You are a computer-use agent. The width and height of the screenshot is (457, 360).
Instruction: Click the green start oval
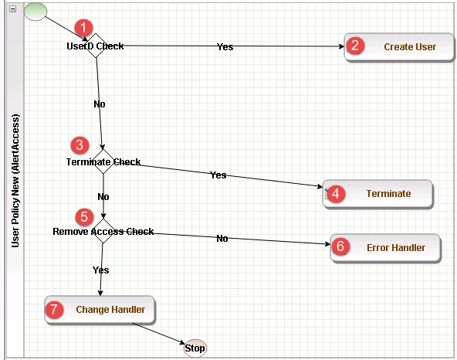(36, 12)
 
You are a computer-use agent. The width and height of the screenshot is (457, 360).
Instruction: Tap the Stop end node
(195, 348)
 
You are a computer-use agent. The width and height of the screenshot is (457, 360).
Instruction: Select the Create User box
(399, 47)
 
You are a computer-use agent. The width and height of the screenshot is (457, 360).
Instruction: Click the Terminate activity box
(378, 194)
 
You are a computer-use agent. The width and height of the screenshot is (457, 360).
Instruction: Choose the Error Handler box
(386, 248)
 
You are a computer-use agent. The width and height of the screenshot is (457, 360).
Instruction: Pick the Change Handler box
(100, 310)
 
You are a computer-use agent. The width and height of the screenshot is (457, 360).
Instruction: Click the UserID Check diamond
(96, 46)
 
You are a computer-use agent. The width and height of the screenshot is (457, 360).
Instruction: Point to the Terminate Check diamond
(103, 161)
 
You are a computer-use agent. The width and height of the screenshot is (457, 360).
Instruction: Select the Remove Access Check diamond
(103, 231)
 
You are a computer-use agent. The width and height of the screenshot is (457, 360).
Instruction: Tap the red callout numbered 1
(83, 28)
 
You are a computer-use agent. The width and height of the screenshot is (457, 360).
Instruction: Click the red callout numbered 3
(80, 145)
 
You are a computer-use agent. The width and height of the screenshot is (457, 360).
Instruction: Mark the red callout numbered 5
(84, 217)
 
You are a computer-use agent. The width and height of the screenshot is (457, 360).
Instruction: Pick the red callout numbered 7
(54, 309)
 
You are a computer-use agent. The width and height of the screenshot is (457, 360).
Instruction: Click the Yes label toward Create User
(225, 46)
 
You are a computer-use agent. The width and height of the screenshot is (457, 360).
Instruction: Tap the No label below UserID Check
(100, 104)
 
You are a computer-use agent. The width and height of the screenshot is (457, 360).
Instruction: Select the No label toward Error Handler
(222, 239)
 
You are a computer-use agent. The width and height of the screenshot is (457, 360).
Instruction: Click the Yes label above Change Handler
(101, 270)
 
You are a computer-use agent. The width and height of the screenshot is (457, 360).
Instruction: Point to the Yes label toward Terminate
(218, 175)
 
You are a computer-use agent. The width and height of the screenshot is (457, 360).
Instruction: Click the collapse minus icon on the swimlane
(13, 8)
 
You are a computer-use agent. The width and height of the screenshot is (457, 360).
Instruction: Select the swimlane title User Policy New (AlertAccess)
(15, 181)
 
